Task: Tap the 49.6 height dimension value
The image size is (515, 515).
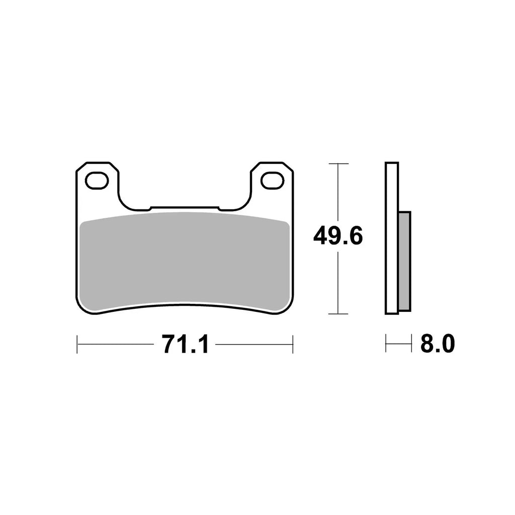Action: click(337, 235)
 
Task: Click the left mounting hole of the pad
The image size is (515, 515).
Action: click(97, 180)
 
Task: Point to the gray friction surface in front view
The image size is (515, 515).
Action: click(185, 259)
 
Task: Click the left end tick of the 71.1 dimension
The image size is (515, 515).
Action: click(77, 345)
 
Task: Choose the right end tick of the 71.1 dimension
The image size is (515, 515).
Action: click(293, 345)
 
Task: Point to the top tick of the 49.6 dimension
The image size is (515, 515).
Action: click(337, 163)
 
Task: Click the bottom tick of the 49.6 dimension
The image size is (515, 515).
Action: click(337, 314)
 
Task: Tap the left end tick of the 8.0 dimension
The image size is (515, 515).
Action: click(386, 345)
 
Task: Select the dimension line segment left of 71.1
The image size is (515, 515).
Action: click(116, 345)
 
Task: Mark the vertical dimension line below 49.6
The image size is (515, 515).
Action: click(337, 282)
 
